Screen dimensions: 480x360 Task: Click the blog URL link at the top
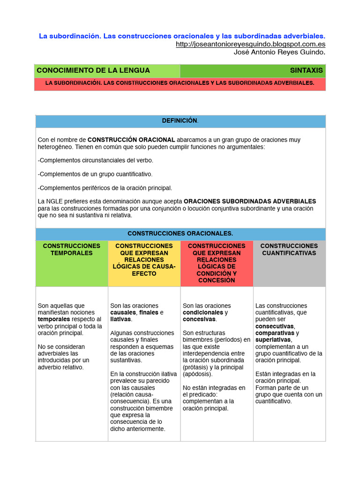tap(250, 44)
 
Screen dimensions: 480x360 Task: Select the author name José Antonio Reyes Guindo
tap(279, 52)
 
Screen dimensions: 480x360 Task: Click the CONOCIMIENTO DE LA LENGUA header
tap(93, 70)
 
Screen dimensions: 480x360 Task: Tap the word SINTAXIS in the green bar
tap(306, 70)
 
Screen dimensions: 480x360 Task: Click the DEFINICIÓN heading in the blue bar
tap(180, 120)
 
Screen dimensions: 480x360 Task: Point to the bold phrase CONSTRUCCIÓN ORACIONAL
tap(131, 140)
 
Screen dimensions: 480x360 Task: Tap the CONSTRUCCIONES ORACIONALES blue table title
tap(180, 233)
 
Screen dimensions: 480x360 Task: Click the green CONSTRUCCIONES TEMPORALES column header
tap(72, 249)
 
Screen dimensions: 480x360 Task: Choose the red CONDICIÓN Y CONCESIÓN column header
tap(217, 263)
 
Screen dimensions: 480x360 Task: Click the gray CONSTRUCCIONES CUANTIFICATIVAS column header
tap(289, 249)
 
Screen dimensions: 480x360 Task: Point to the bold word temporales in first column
tap(54, 319)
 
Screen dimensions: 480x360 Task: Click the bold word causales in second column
tap(123, 312)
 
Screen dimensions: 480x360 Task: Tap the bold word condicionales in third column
tap(203, 312)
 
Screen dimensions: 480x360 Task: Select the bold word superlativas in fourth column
tap(273, 339)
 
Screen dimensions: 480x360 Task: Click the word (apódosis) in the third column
tap(197, 374)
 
